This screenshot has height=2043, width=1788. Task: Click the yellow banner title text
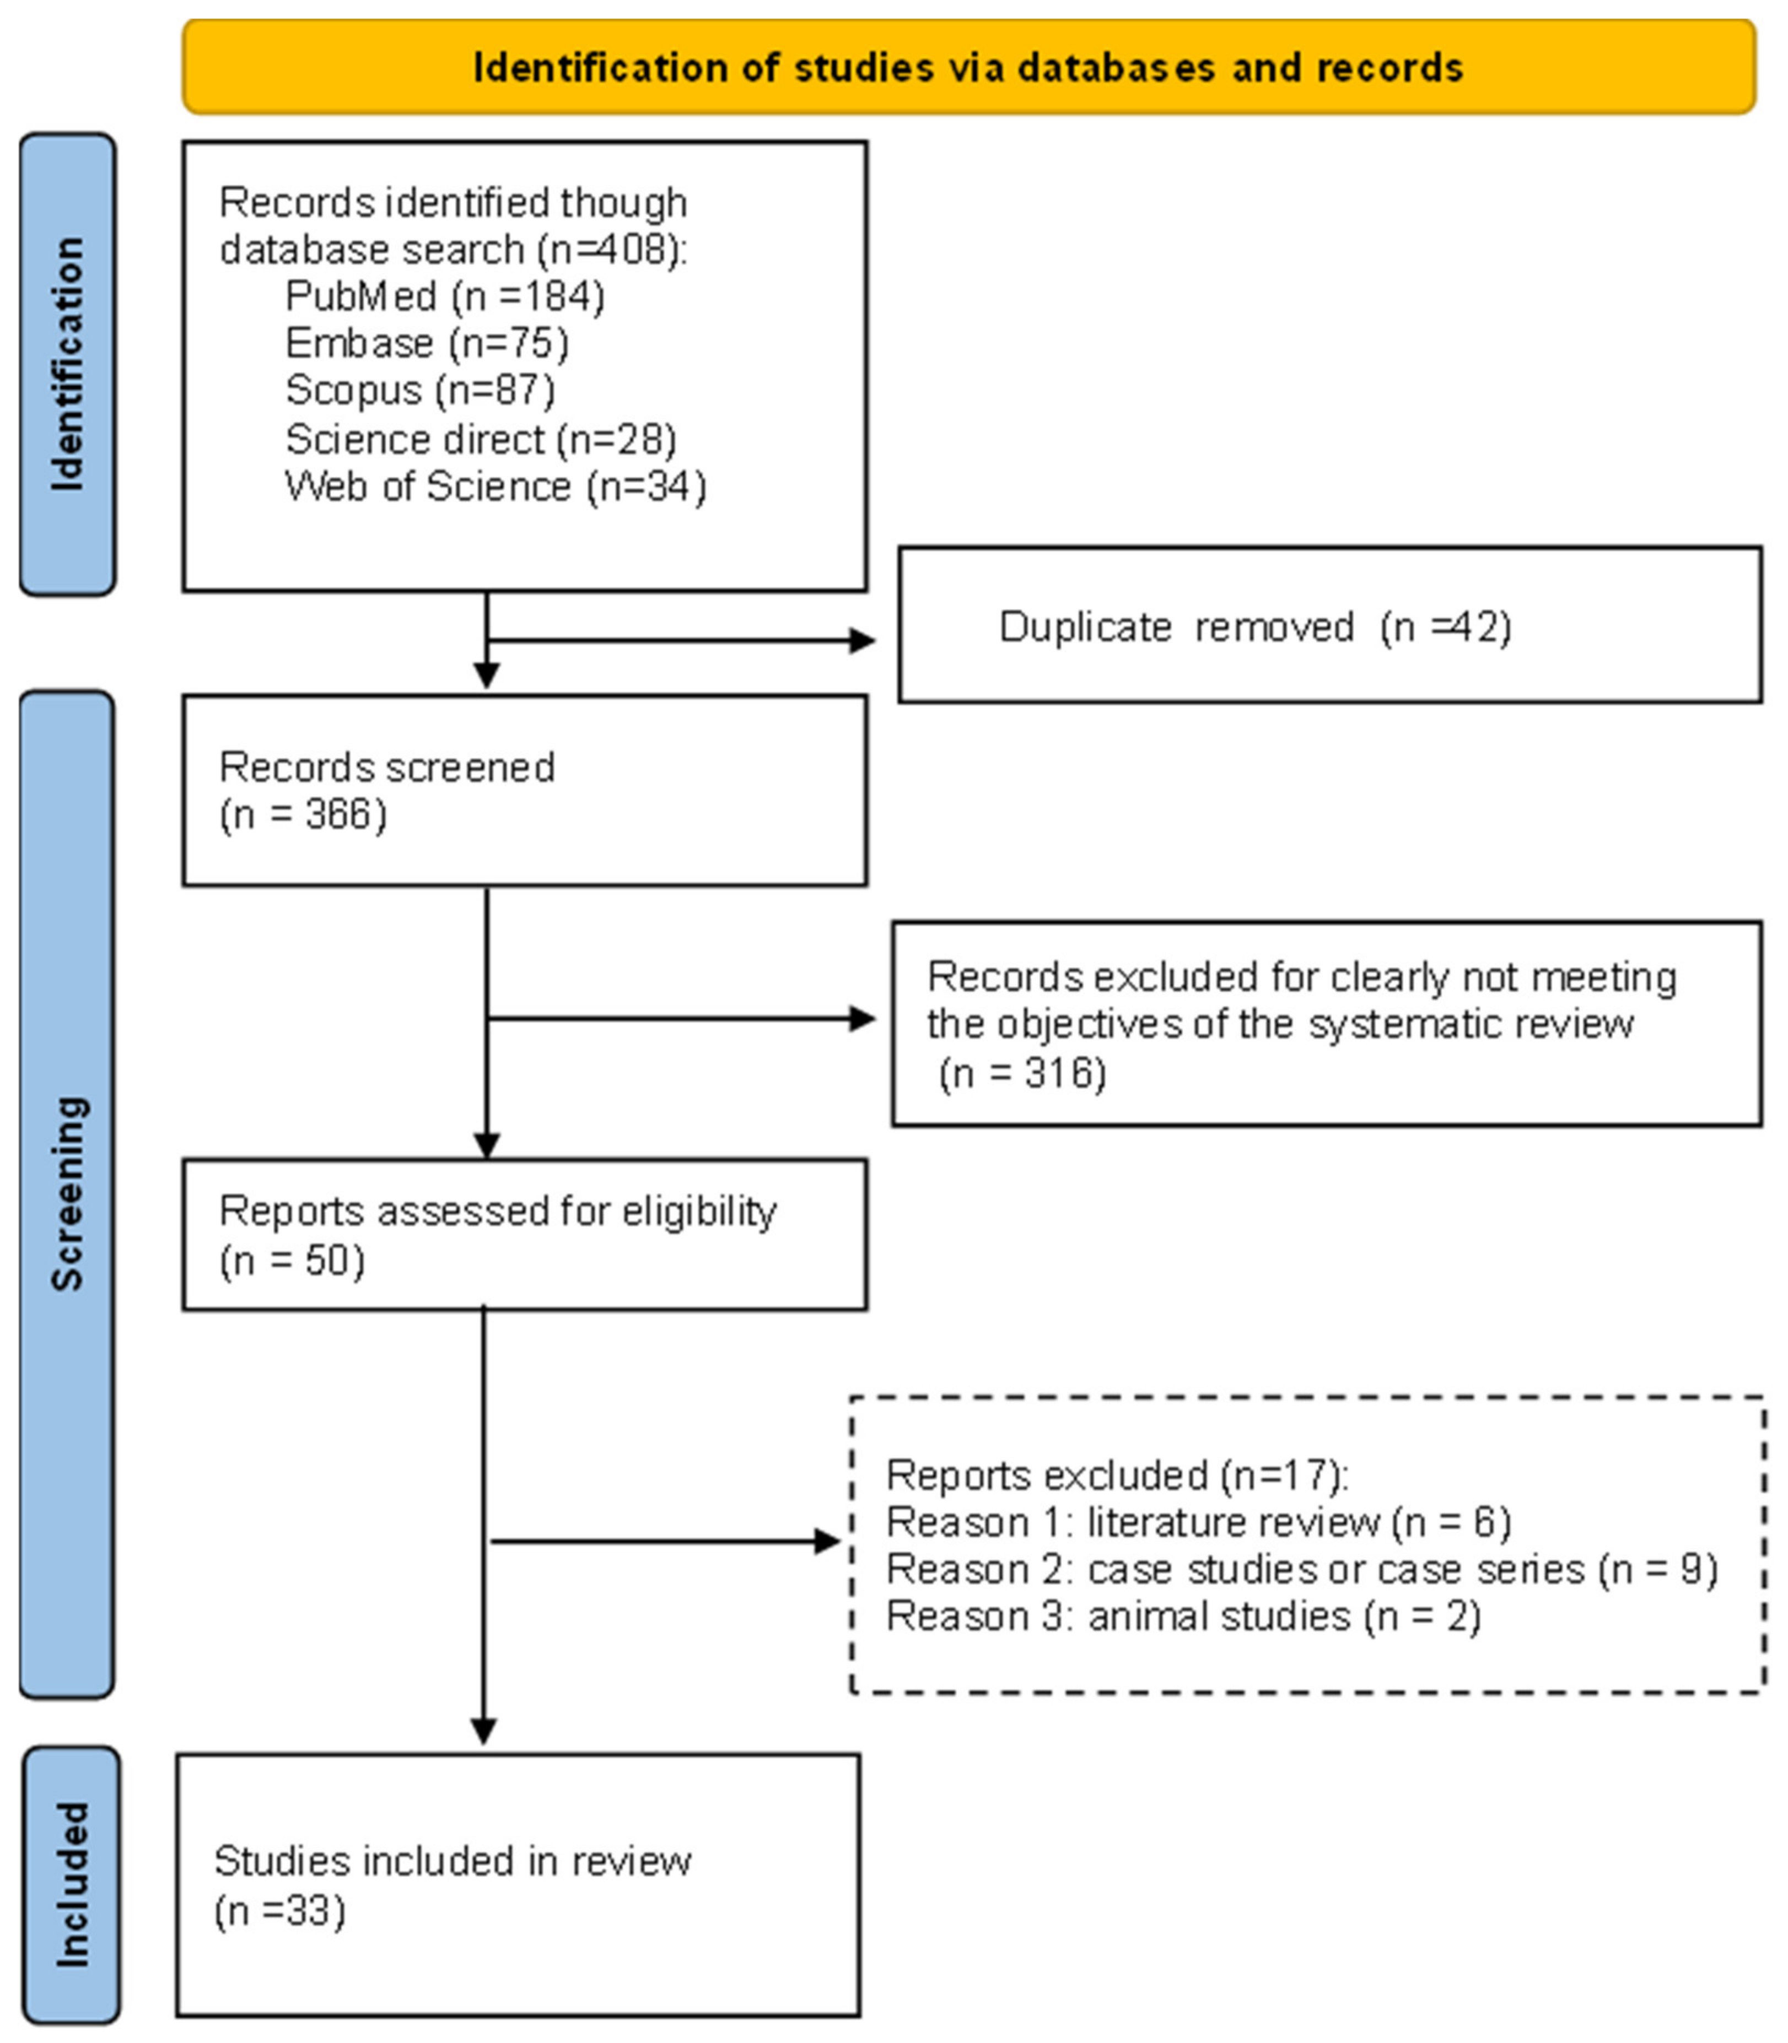(x=968, y=68)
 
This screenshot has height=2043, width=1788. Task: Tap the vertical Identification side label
(x=68, y=364)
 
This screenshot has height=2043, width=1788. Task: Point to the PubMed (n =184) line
(x=445, y=296)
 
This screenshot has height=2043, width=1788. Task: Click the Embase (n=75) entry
(x=427, y=343)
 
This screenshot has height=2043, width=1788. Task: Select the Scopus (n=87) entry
(x=420, y=390)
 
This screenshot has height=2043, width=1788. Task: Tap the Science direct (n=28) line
(x=481, y=439)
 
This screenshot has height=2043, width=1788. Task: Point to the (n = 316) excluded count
(x=1023, y=1073)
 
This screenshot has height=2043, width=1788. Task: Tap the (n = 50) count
(x=292, y=1261)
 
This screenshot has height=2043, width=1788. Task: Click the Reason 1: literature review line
(x=1198, y=1522)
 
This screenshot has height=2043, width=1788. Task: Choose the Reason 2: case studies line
(x=1301, y=1569)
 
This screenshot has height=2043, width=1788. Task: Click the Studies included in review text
(x=452, y=1861)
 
